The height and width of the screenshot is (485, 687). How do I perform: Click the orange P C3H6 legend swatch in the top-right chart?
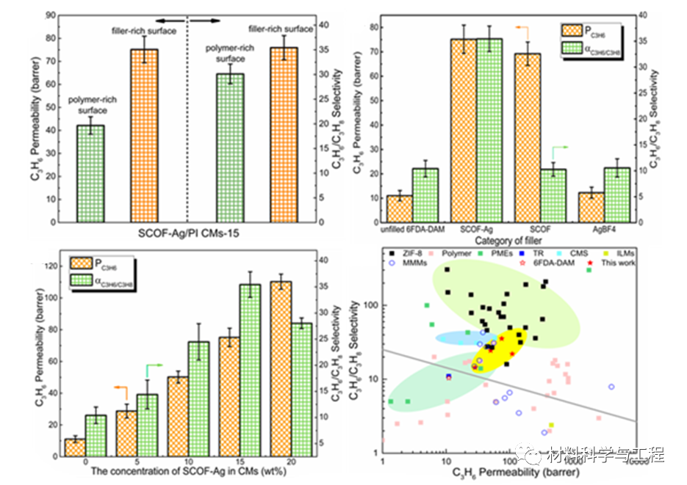tap(572, 31)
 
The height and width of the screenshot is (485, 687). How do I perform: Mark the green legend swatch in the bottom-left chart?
tap(84, 280)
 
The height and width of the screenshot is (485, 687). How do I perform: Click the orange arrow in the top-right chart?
tap(522, 27)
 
